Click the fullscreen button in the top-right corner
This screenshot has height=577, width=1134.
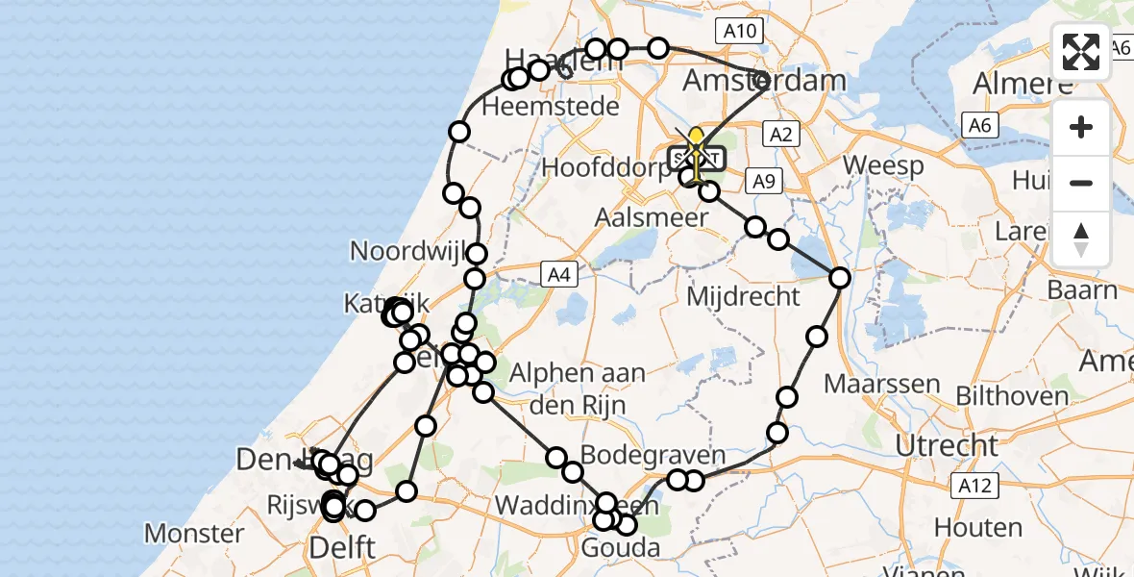click(1081, 52)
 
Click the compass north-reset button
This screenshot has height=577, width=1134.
click(1081, 238)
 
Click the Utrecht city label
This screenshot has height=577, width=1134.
click(947, 445)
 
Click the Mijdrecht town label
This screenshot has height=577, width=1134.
click(743, 296)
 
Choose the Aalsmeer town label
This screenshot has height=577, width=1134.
click(651, 217)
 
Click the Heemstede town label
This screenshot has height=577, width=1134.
click(550, 106)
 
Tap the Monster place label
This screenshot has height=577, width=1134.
click(194, 533)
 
